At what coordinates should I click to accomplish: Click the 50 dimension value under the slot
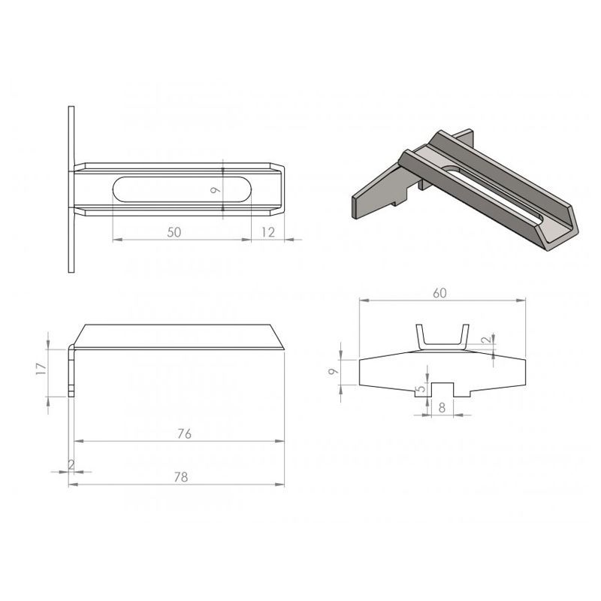click(x=174, y=232)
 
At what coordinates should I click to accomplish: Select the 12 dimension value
click(x=268, y=232)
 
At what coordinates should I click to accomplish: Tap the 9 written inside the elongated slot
click(x=216, y=189)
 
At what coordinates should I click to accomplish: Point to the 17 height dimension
click(x=41, y=368)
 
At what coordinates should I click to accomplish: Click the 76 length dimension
click(x=184, y=433)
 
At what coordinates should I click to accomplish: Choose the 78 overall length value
click(x=181, y=477)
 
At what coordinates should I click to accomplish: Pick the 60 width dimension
click(x=440, y=293)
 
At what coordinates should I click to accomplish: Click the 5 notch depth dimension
click(x=421, y=388)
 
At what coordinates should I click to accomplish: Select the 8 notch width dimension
click(x=442, y=408)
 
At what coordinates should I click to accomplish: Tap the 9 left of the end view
click(x=334, y=371)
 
